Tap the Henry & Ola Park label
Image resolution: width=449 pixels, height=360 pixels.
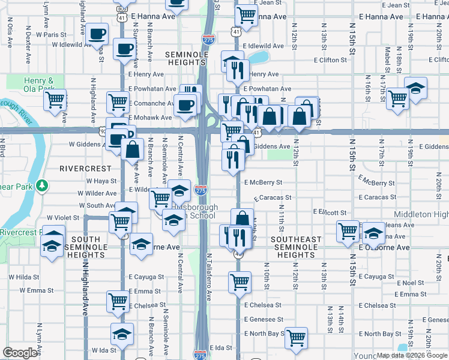[x=38, y=85]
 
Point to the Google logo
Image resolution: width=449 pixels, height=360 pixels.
[x=20, y=353]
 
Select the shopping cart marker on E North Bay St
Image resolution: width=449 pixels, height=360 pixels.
[x=295, y=337]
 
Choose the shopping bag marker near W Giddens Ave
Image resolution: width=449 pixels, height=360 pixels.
[x=132, y=149]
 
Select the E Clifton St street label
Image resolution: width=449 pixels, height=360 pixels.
[x=331, y=60]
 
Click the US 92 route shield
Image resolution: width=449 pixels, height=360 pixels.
[x=97, y=130]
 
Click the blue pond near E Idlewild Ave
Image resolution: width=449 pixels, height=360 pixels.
[x=259, y=58]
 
